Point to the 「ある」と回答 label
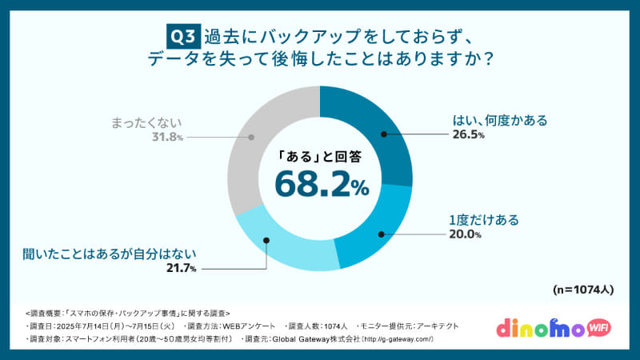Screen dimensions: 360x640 click(x=320, y=155)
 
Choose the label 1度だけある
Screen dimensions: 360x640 click(x=482, y=219)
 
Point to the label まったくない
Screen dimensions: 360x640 click(x=147, y=122)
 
